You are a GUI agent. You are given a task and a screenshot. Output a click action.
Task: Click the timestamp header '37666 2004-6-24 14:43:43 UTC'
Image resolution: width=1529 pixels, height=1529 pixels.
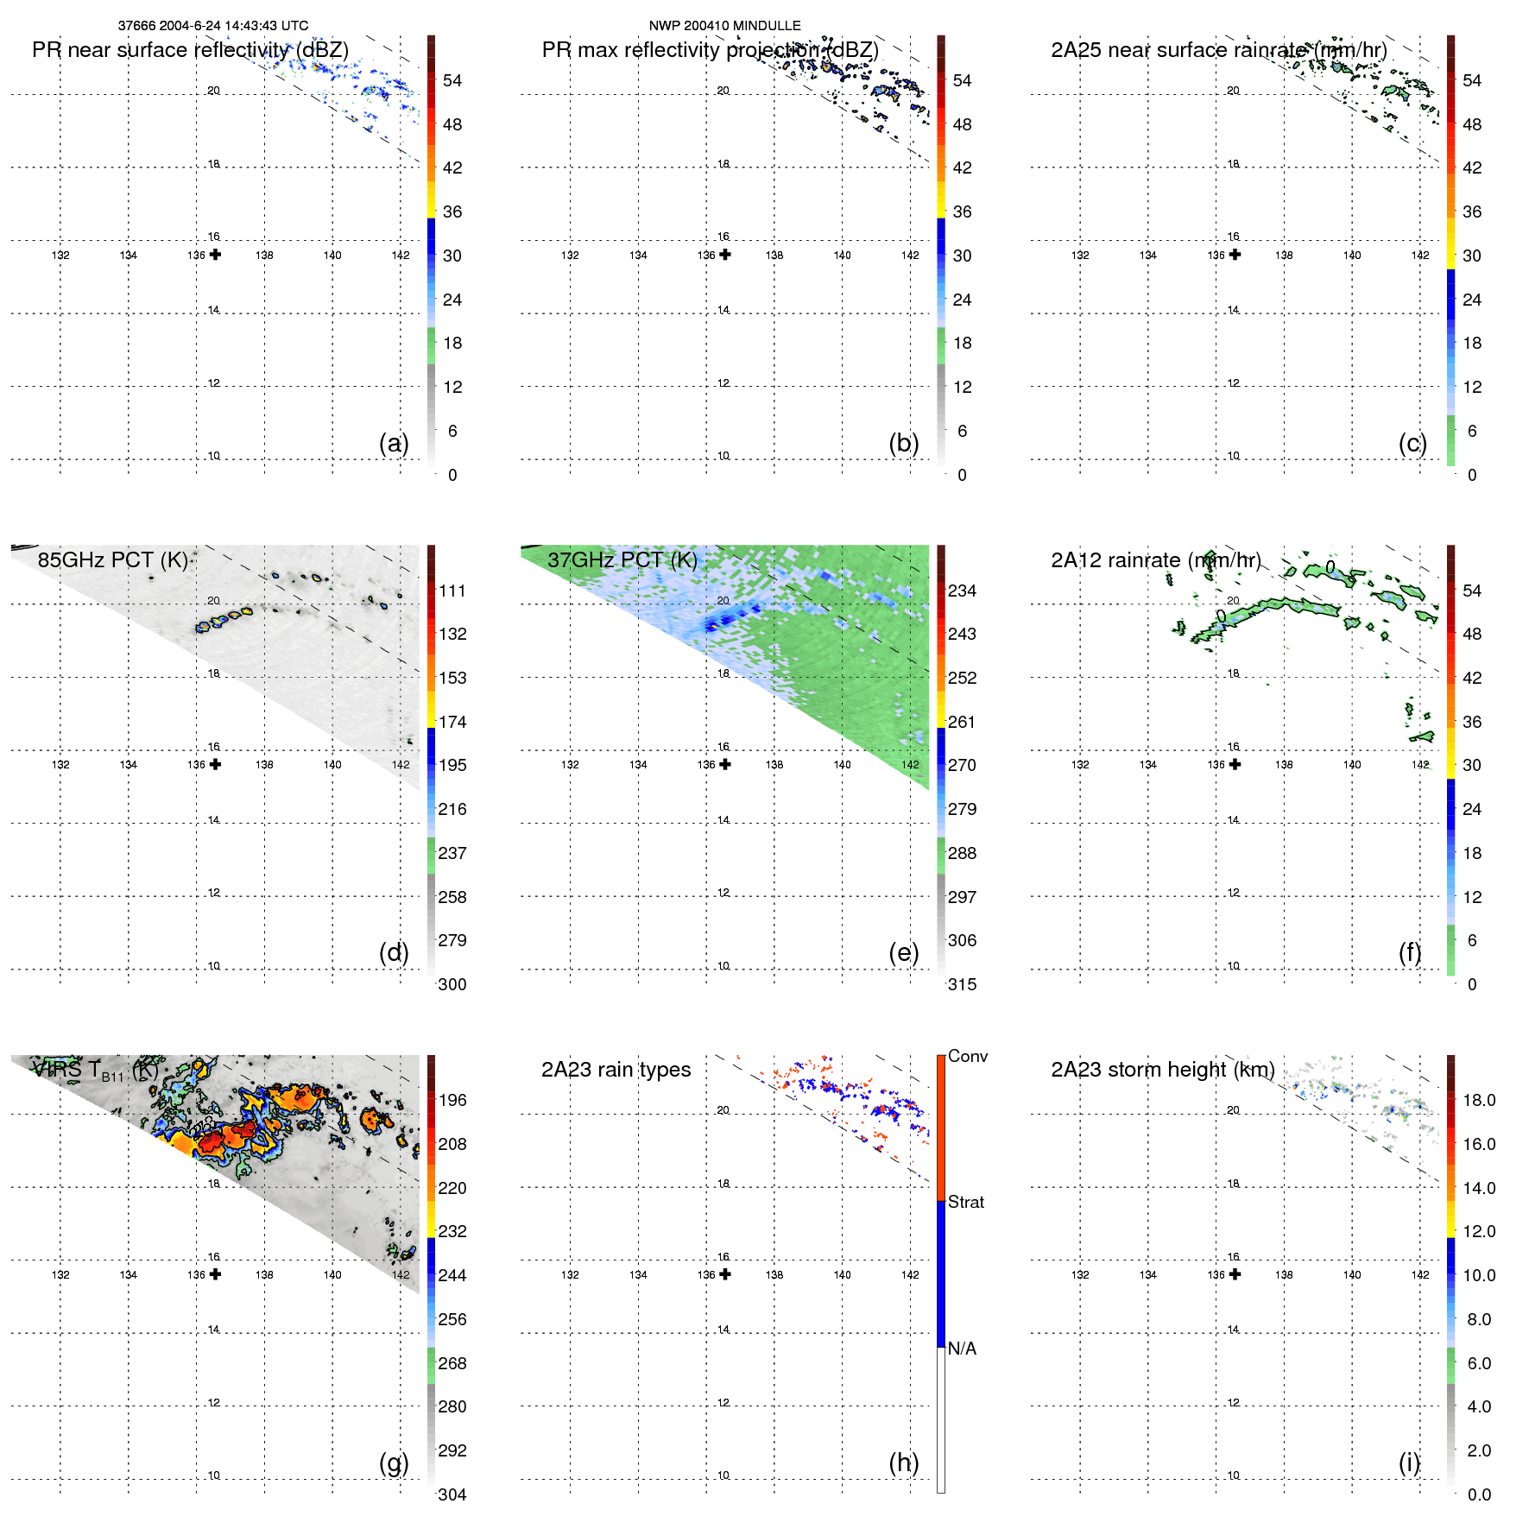212,26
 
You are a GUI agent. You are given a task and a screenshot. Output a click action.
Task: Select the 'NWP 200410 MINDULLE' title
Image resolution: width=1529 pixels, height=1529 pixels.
724,26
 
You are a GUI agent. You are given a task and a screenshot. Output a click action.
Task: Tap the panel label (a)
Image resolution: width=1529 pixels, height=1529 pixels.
394,443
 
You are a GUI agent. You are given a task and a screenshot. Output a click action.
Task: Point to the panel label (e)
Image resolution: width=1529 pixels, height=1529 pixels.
903,952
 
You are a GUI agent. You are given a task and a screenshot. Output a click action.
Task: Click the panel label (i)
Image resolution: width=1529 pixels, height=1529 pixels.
1409,1463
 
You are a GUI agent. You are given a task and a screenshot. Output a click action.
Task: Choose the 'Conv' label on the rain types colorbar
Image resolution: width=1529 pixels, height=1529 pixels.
967,1056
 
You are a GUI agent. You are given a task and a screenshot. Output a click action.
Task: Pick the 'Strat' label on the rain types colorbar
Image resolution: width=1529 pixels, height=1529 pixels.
966,1202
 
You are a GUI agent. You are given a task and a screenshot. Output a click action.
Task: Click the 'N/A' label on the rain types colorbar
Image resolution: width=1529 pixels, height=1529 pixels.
962,1349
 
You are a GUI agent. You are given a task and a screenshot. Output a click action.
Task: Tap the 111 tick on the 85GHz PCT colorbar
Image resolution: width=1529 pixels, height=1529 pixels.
452,591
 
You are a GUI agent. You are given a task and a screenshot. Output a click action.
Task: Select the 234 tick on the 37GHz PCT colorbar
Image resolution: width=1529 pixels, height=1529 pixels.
962,591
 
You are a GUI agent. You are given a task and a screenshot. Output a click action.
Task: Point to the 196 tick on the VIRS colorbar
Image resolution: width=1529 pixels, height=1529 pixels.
452,1100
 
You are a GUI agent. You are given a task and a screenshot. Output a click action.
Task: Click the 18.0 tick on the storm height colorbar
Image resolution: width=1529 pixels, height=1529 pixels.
1479,1100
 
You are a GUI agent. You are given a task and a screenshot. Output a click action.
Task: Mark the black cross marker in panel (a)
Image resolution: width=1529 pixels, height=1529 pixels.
215,255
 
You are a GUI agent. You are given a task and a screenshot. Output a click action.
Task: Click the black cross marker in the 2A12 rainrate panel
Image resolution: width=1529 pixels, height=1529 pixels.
1235,764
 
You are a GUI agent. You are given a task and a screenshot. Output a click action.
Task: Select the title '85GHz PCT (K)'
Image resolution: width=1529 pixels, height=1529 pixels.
113,559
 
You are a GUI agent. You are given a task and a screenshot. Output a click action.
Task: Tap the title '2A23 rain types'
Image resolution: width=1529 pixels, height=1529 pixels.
616,1070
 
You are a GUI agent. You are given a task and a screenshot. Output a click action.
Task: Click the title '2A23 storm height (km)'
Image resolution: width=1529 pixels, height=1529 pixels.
1162,1070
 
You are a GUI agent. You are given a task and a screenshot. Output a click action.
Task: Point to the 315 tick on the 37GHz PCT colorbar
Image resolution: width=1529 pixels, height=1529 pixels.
962,984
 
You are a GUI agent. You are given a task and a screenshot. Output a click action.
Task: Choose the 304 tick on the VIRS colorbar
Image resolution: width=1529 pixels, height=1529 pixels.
452,1494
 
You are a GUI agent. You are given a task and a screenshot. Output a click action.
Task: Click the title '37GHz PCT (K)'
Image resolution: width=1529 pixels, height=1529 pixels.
622,559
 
